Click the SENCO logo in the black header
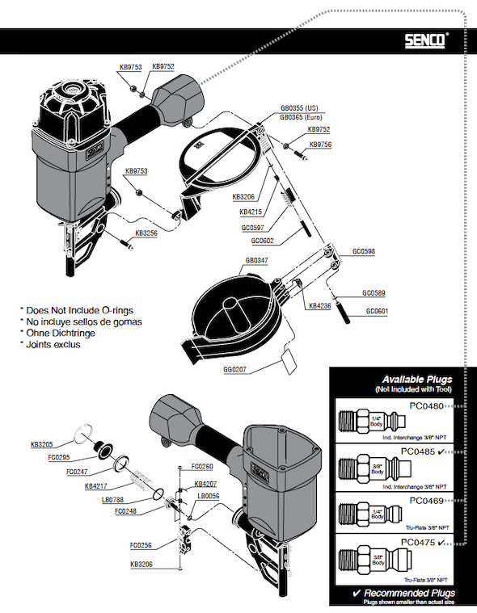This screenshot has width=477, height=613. [x=425, y=40]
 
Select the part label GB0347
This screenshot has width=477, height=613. [x=257, y=260]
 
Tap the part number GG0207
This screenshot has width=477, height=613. [x=234, y=369]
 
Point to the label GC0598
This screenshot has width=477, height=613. [x=364, y=251]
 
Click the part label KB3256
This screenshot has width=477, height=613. [x=146, y=233]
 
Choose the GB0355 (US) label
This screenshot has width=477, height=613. [x=299, y=108]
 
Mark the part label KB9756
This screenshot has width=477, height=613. [x=320, y=145]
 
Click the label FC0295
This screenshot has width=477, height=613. [x=59, y=457]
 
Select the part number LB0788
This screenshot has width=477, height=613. [x=112, y=500]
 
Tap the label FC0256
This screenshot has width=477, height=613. [x=141, y=545]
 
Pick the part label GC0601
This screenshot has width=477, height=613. [x=377, y=311]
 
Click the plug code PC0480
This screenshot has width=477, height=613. [x=427, y=405]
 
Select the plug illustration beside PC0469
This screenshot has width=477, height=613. [x=369, y=514]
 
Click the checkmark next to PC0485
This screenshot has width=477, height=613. [x=441, y=451]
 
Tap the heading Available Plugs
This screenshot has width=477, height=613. [x=417, y=380]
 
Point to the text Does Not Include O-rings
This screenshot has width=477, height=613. [x=79, y=310]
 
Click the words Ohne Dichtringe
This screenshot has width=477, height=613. [x=61, y=333]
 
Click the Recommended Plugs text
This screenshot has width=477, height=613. [x=410, y=594]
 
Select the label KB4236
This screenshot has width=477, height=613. [x=319, y=306]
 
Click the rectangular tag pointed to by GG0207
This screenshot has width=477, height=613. [x=289, y=362]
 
